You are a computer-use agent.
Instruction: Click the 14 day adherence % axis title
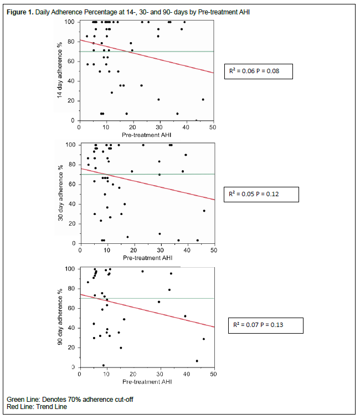(59, 70)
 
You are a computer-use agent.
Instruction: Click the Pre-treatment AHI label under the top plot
(146, 134)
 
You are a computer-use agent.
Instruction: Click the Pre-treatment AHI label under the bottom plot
(146, 382)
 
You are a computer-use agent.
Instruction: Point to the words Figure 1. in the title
(20, 12)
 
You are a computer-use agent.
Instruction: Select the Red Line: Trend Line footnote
(37, 406)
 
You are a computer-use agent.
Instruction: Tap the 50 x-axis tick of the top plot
(213, 127)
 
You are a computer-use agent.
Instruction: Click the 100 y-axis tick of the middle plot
(70, 145)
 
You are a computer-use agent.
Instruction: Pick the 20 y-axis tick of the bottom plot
(72, 348)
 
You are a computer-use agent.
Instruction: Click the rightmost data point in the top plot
(203, 100)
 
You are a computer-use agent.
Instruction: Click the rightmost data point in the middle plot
(204, 211)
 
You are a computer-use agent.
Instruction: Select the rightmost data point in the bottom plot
(204, 339)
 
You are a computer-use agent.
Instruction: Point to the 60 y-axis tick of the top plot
(72, 61)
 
